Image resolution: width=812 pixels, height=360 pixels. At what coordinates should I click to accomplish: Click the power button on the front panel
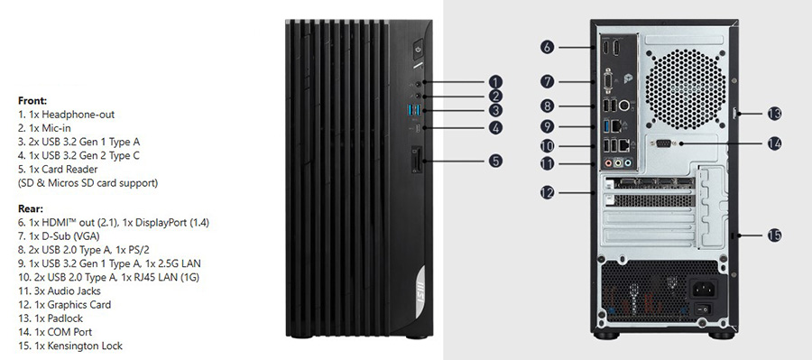click(419, 50)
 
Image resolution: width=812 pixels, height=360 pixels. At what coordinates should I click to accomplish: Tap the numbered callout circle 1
click(495, 82)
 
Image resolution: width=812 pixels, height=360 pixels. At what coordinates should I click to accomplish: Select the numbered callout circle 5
click(495, 161)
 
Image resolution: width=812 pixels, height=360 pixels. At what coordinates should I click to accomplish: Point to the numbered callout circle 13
click(774, 114)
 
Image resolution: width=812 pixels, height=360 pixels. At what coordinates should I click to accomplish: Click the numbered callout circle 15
click(774, 235)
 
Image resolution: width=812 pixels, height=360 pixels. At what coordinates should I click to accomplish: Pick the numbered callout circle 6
click(548, 48)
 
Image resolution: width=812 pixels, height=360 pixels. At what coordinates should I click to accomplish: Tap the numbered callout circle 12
click(548, 193)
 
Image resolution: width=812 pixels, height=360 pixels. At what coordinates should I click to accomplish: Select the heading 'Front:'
click(32, 100)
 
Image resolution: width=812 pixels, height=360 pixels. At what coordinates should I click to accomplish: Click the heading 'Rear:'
click(31, 209)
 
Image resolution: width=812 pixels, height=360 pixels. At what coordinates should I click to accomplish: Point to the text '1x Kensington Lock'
click(78, 346)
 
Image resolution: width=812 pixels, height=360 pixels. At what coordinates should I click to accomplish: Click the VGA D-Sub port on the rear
click(608, 83)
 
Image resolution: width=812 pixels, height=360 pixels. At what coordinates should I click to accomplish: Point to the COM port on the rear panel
click(664, 144)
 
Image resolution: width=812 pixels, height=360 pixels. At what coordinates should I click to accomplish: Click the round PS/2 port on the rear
click(625, 106)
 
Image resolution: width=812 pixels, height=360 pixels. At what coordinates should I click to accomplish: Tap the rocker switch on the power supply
click(705, 309)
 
